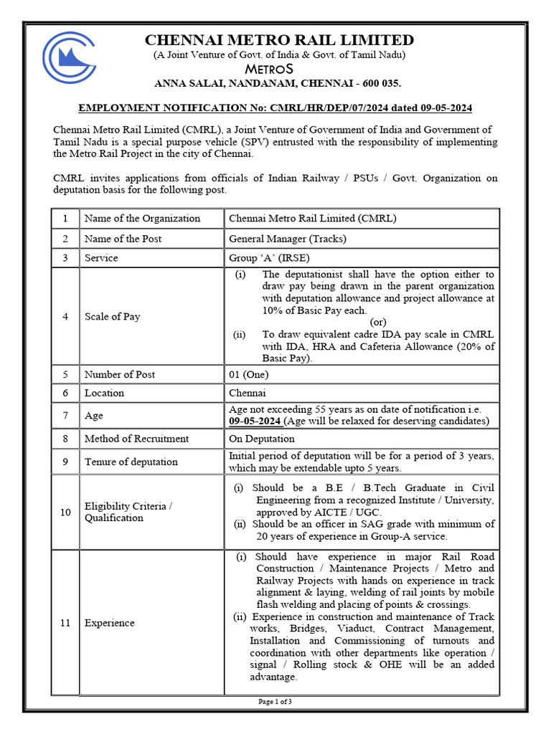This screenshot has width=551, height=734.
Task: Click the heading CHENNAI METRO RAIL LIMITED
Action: pyautogui.click(x=279, y=40)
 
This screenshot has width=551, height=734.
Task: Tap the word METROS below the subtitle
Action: pyautogui.click(x=278, y=70)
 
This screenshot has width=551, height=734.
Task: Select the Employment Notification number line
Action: pyautogui.click(x=275, y=108)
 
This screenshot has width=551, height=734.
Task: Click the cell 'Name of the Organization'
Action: pyautogui.click(x=142, y=219)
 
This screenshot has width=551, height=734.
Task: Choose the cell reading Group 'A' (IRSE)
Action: pyautogui.click(x=269, y=258)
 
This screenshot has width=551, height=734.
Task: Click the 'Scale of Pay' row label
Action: pyautogui.click(x=112, y=316)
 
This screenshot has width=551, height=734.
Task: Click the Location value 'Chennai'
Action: pyautogui.click(x=247, y=393)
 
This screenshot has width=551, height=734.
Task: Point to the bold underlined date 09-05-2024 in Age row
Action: pyautogui.click(x=254, y=421)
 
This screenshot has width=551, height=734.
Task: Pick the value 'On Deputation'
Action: pyautogui.click(x=261, y=439)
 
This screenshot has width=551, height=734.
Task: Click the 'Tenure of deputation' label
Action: pyautogui.click(x=131, y=462)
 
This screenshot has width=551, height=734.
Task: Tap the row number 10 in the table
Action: pyautogui.click(x=65, y=512)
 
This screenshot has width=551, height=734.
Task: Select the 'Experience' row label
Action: pyautogui.click(x=109, y=623)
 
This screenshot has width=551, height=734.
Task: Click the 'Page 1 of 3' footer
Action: pyautogui.click(x=275, y=702)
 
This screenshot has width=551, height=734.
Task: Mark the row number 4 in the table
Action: pyautogui.click(x=65, y=316)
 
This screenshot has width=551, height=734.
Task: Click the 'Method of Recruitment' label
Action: pyautogui.click(x=136, y=439)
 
